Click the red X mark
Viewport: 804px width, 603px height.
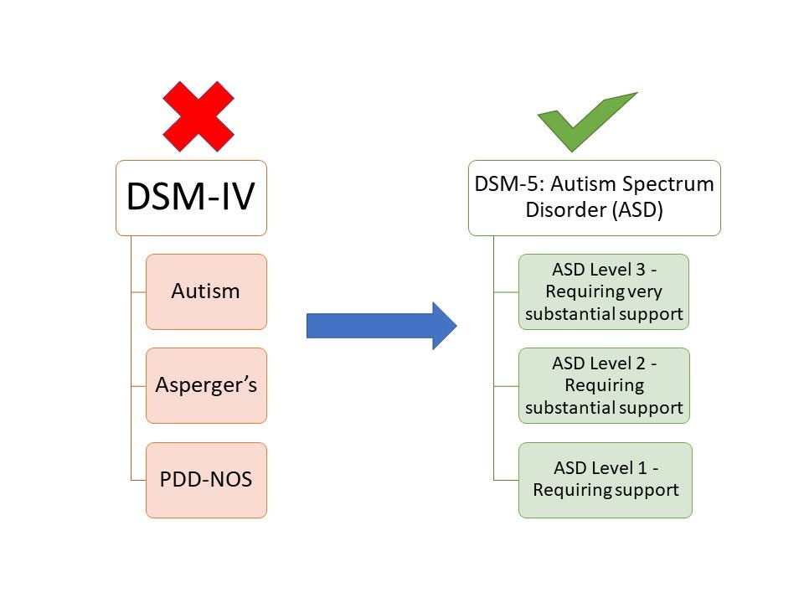tap(198, 116)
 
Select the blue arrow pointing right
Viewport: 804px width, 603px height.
tap(381, 325)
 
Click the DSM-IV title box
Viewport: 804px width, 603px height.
tap(191, 198)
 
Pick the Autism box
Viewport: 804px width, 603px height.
tap(206, 291)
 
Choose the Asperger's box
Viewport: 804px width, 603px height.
tap(206, 385)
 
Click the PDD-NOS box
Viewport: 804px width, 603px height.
tap(206, 480)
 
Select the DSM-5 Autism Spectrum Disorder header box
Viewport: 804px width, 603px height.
tap(594, 198)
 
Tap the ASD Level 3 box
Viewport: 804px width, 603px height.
tap(604, 292)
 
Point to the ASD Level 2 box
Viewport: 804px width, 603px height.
tap(604, 385)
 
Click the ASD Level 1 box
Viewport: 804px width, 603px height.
tap(606, 479)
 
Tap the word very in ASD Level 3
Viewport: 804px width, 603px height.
tap(643, 291)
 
